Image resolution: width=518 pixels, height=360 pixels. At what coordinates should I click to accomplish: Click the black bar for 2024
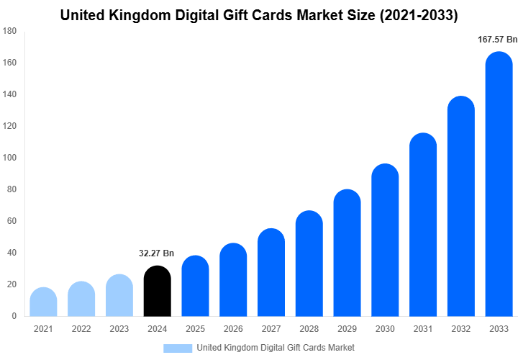coord(158,292)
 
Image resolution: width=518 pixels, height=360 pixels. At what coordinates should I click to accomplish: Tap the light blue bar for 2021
coord(43,302)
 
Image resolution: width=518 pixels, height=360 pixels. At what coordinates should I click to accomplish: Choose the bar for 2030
coord(385,240)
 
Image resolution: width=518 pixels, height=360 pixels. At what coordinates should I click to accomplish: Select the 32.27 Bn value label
coord(157,253)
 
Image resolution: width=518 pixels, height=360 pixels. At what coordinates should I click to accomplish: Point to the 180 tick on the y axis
coord(10,31)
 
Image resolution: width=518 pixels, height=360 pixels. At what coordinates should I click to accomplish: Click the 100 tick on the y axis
coord(10,158)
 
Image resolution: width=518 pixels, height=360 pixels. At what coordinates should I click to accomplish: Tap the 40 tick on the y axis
coord(12,253)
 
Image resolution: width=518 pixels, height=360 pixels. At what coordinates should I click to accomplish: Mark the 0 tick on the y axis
coord(14,316)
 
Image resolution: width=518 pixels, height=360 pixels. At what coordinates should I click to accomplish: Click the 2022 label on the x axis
coord(81,329)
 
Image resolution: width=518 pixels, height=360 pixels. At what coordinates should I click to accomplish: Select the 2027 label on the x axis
coord(271,329)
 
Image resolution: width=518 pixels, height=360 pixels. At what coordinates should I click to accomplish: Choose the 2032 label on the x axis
coord(460,329)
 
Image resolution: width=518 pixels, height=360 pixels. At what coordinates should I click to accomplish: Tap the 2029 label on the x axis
coord(347,329)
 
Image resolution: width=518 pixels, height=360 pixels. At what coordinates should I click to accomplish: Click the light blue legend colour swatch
coord(178,348)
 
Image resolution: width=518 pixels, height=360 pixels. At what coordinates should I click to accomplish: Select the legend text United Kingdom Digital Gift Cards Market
coord(276,348)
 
